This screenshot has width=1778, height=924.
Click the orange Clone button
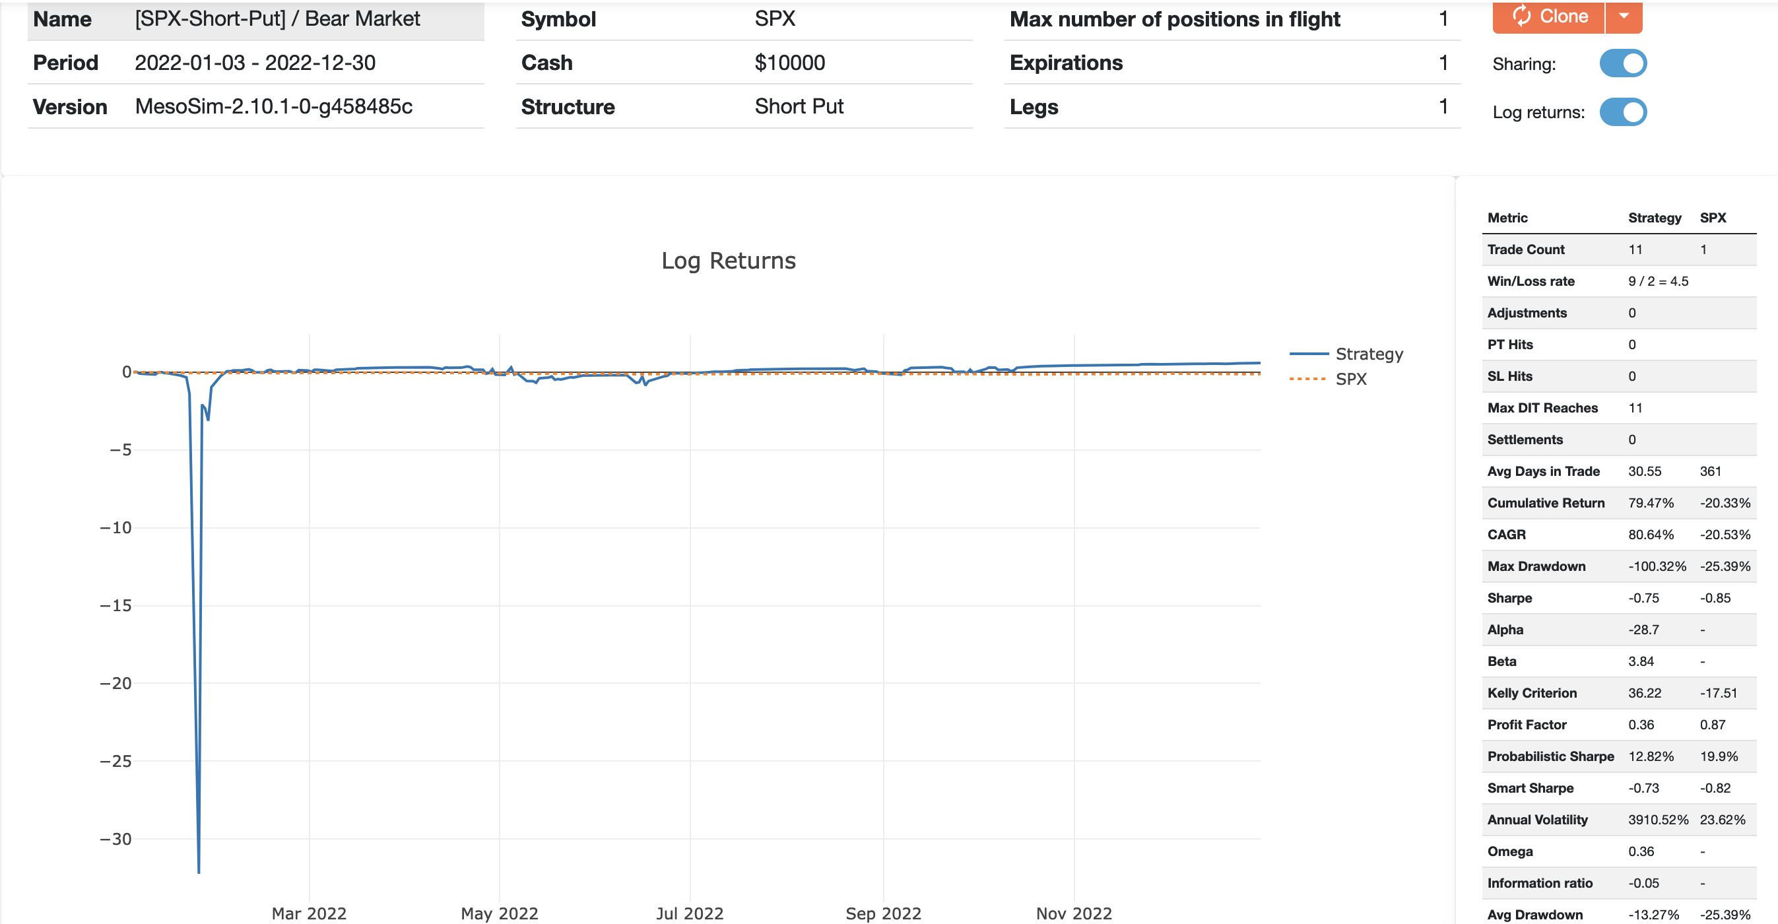point(1549,16)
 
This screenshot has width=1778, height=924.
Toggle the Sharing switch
point(1623,63)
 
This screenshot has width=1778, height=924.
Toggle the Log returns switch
point(1623,112)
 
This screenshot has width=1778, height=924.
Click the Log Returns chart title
point(728,261)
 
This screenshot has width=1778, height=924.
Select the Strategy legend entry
point(1369,354)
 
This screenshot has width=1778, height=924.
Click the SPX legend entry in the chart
point(1351,379)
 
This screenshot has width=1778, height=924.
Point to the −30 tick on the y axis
point(115,839)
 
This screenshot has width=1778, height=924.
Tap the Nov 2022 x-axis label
point(1074,913)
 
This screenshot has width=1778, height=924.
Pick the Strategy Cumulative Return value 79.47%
point(1651,503)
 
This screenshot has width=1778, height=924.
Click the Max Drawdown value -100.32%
point(1657,566)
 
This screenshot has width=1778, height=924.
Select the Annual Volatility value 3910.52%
point(1658,820)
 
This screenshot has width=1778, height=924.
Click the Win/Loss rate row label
point(1531,282)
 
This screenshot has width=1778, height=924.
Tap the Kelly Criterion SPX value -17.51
point(1718,693)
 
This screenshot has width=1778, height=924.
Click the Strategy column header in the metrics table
point(1655,218)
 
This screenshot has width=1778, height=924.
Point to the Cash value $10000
point(789,63)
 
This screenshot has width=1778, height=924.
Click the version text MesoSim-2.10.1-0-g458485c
point(273,106)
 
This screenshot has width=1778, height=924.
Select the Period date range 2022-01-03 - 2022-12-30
point(255,63)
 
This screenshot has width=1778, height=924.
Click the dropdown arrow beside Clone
point(1624,16)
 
